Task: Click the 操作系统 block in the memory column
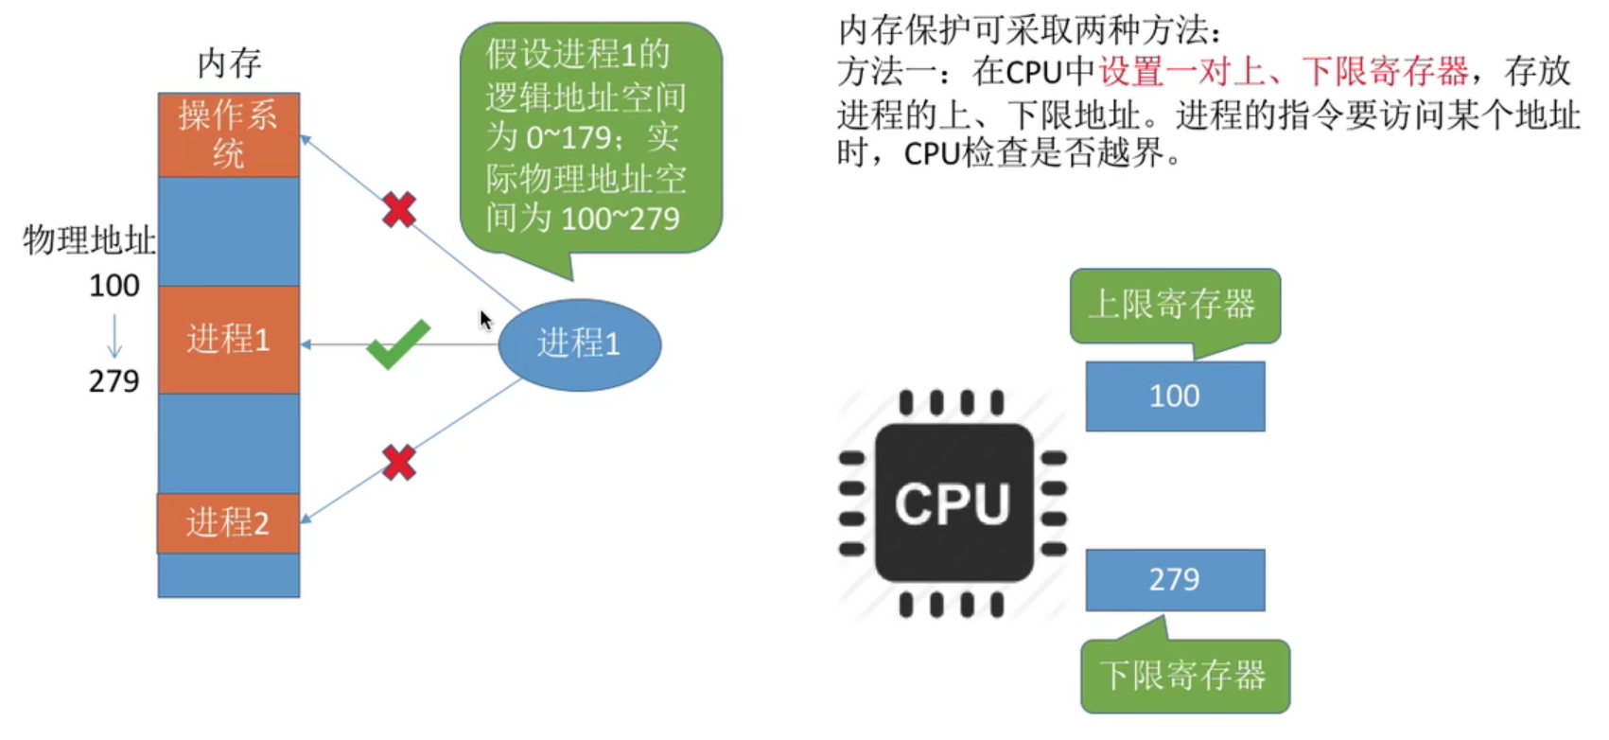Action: (229, 134)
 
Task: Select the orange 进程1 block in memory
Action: (229, 340)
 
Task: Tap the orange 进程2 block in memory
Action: (229, 522)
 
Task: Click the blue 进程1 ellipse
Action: (579, 344)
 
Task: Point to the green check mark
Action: (398, 344)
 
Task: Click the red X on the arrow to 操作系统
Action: (399, 210)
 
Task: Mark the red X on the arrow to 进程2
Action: (399, 463)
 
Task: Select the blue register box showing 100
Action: (1175, 396)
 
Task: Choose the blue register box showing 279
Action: (1175, 580)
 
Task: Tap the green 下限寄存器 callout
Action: (1184, 677)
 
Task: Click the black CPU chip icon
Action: (953, 502)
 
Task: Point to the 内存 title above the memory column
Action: (229, 63)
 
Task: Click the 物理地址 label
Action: (89, 240)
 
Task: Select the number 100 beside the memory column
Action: (114, 286)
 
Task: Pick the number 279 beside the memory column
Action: (114, 381)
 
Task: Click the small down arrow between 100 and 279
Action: (114, 335)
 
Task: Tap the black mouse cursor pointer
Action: (485, 321)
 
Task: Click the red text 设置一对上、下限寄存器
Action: (1284, 72)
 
